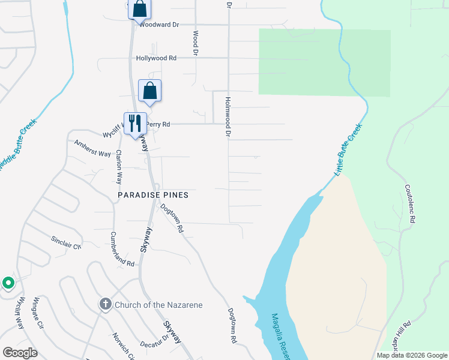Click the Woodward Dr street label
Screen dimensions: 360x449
coord(159,25)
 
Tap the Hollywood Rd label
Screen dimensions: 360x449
coord(156,58)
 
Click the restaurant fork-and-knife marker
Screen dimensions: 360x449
coord(134,122)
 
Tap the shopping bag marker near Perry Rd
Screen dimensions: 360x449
coord(149,91)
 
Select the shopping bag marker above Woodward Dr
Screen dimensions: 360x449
coord(139,9)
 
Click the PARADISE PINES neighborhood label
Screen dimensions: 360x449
coord(152,195)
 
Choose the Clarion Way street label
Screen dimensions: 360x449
coord(119,167)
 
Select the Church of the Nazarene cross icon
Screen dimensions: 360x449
coord(106,305)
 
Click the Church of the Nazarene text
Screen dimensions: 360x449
coord(159,305)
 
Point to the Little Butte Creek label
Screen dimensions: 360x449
coord(349,150)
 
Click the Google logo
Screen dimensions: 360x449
coord(20,353)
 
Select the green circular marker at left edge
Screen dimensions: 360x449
coord(8,283)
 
